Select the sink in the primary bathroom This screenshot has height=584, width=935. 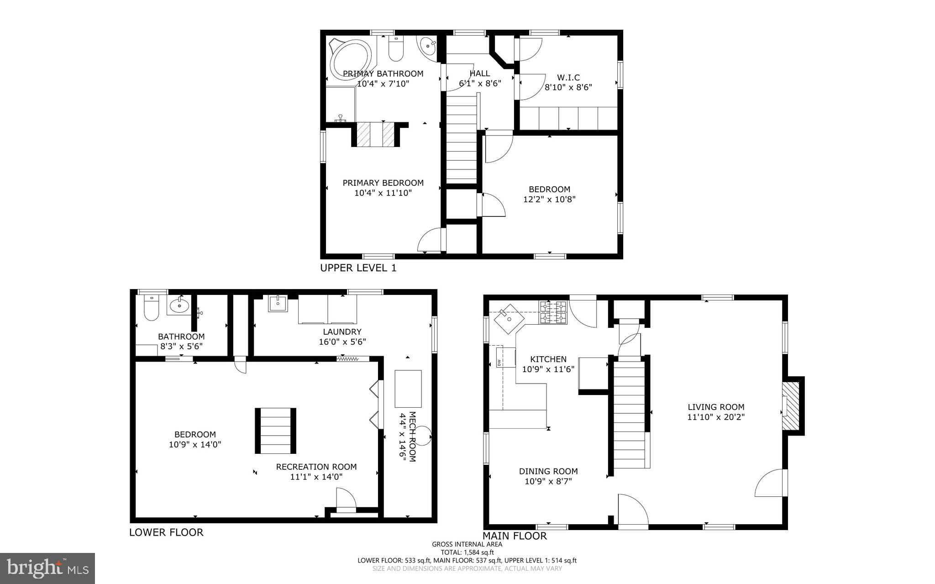(428, 46)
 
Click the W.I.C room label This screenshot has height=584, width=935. (568, 78)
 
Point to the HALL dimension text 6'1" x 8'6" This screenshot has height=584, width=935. (480, 84)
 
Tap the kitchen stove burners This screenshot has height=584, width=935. (553, 312)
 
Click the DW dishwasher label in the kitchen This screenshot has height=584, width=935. (499, 363)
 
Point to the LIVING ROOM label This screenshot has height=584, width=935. (716, 407)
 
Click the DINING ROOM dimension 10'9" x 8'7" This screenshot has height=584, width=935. (548, 481)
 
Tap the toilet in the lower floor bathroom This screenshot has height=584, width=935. (151, 308)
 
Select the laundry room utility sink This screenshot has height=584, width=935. (277, 303)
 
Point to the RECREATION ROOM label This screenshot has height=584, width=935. (316, 467)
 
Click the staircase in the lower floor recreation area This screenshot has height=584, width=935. (275, 431)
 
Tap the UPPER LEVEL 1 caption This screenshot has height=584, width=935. (358, 268)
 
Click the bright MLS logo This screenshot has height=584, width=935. (47, 568)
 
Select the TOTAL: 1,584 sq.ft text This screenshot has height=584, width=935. (467, 552)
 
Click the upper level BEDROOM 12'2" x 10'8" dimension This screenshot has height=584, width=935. (549, 200)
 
